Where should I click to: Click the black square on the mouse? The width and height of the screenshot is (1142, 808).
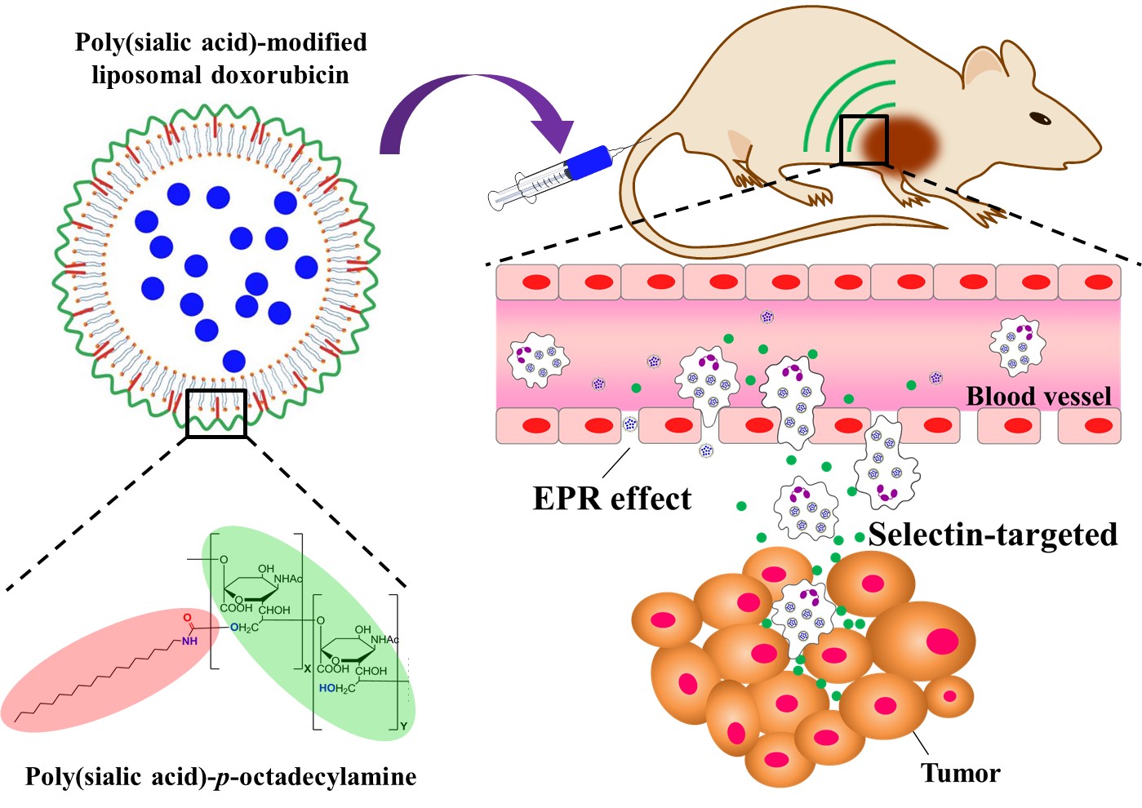click(x=863, y=140)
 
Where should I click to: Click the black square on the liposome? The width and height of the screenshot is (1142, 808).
click(x=216, y=413)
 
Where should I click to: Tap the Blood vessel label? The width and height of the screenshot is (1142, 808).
click(x=1038, y=397)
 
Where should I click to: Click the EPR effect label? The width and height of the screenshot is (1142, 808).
click(x=611, y=499)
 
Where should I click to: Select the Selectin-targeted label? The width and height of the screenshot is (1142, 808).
click(x=993, y=535)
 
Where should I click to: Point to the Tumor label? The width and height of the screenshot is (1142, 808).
click(x=960, y=773)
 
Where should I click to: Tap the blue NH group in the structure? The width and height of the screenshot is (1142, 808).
click(x=189, y=641)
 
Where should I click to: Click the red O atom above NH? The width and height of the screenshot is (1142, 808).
click(x=187, y=618)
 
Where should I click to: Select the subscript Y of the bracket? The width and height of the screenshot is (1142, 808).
click(x=403, y=726)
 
